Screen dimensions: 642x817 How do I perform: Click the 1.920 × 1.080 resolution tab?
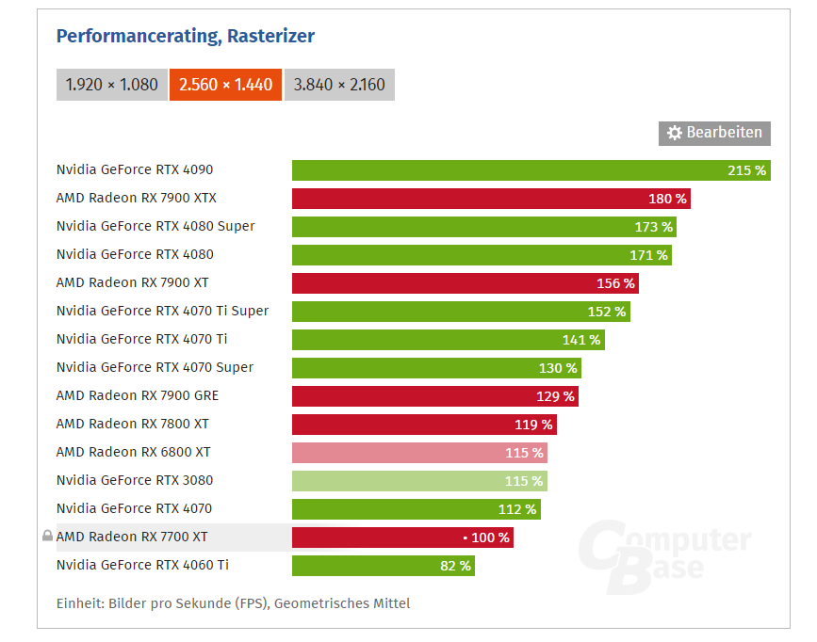click(111, 85)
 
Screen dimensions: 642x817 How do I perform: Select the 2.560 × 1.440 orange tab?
click(225, 85)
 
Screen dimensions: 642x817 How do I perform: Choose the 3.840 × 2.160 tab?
click(339, 85)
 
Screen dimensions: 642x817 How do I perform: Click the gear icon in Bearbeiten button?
click(675, 134)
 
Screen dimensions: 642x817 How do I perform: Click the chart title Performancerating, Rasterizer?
click(186, 36)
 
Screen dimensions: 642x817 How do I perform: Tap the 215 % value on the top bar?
click(746, 170)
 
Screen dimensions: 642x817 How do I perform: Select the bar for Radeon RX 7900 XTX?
click(491, 199)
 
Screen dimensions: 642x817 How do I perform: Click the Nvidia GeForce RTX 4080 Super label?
click(155, 226)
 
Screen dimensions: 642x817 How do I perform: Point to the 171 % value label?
click(648, 255)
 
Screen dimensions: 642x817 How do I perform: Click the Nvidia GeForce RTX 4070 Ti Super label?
click(162, 311)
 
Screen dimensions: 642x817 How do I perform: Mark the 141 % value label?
click(580, 340)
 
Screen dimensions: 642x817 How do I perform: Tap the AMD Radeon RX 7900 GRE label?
click(138, 395)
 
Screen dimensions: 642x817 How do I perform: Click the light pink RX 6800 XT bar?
click(419, 453)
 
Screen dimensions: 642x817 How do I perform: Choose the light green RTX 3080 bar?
click(419, 481)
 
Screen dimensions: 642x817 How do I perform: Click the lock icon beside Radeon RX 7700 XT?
click(47, 537)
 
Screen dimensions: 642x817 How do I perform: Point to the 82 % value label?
click(454, 566)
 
